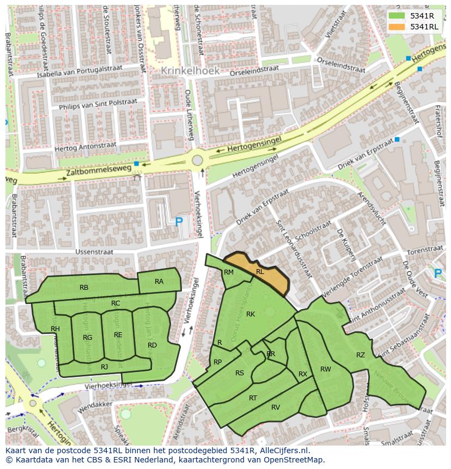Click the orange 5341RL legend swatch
tap(396, 27)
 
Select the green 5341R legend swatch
tap(396, 16)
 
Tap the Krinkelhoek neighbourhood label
tap(190, 71)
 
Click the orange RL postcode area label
tap(260, 271)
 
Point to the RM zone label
tap(229, 272)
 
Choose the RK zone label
tap(251, 314)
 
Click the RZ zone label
tap(361, 355)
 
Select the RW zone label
tap(326, 369)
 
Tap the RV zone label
tap(276, 407)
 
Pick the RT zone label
tap(253, 398)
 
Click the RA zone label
tap(159, 282)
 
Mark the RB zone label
tap(84, 288)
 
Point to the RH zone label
tap(55, 329)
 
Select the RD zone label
tap(152, 345)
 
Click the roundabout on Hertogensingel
tap(197, 161)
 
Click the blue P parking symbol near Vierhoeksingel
tap(179, 222)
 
